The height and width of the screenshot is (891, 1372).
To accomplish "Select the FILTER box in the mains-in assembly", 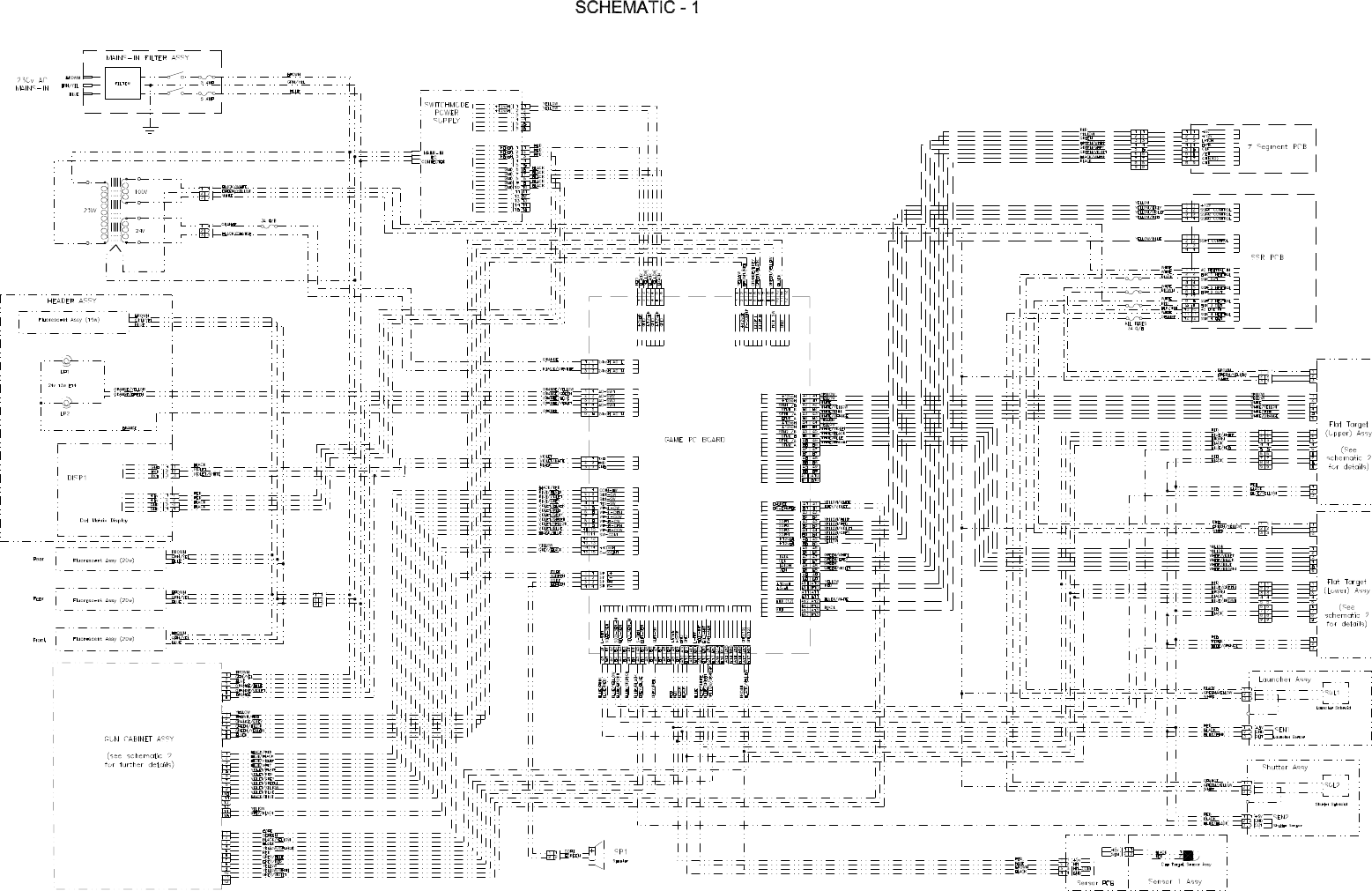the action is (x=122, y=84).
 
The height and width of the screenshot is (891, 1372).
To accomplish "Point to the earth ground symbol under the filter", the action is (x=150, y=129).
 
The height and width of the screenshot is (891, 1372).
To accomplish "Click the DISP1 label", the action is (x=77, y=478).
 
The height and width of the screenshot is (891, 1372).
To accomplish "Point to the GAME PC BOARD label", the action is (x=694, y=438).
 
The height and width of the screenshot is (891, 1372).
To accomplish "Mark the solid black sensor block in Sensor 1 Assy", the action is (x=1188, y=855).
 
